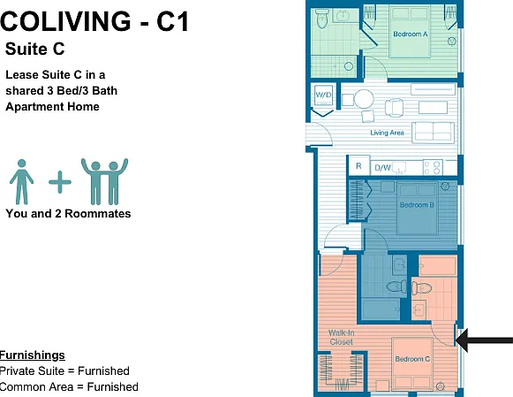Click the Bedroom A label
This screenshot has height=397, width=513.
click(x=411, y=34)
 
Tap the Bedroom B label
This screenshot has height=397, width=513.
click(x=417, y=205)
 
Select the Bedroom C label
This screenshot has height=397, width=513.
click(x=412, y=359)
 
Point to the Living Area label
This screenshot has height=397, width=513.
click(x=387, y=133)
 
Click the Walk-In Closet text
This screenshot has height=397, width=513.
click(x=341, y=338)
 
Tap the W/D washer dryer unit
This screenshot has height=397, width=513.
click(x=323, y=95)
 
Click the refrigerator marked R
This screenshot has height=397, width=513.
click(x=358, y=166)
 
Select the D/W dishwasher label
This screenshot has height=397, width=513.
click(x=382, y=168)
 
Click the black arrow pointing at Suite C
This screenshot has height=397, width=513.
click(x=484, y=340)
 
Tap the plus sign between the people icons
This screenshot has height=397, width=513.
click(x=60, y=182)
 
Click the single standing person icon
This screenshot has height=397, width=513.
click(x=21, y=182)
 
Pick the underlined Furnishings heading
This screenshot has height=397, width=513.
click(x=33, y=355)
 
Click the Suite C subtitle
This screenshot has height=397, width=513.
click(x=35, y=50)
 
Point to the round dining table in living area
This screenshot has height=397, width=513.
click(x=364, y=99)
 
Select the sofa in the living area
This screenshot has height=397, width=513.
click(x=433, y=133)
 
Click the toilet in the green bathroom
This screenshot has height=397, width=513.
click(x=322, y=19)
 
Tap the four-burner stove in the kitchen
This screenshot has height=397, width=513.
click(x=433, y=167)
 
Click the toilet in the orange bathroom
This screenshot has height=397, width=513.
click(x=421, y=288)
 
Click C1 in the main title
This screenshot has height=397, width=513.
click(x=173, y=21)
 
